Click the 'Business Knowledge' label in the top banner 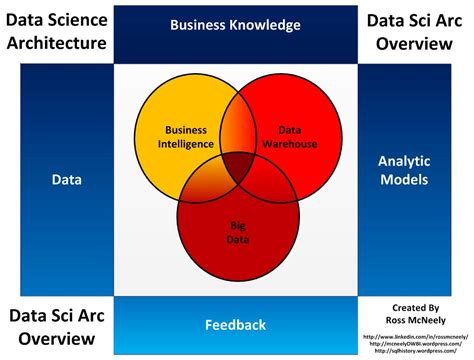[x=236, y=25]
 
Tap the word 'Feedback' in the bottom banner [x=236, y=325]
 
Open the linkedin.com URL [x=415, y=335]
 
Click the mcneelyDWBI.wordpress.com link [x=415, y=343]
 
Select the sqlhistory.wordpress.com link [x=415, y=351]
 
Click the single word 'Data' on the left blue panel [x=57, y=180]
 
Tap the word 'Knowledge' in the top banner [x=265, y=25]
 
